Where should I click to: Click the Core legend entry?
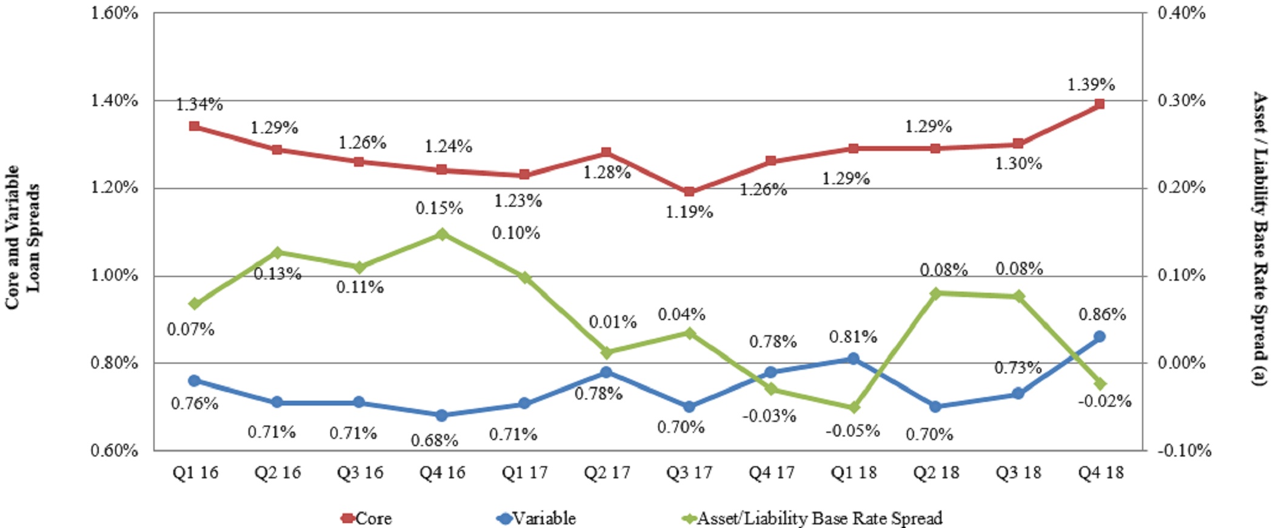point(366,518)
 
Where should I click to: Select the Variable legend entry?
point(536,518)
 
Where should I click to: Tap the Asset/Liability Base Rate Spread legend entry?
point(812,518)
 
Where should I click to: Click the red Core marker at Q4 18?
point(1100,104)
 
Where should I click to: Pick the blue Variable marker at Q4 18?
point(1100,336)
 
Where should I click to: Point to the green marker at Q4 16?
point(442,234)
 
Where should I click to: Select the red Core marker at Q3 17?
point(689,192)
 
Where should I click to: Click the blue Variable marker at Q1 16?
point(195,381)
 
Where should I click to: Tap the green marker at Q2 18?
point(936,293)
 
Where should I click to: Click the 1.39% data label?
point(1091,84)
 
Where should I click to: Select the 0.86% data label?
point(1102,315)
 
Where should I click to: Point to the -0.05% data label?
point(852,430)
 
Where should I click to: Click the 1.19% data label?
point(689,212)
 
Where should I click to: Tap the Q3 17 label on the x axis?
point(689,473)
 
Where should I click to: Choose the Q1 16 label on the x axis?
point(195,473)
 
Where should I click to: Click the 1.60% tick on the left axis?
point(115,13)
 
